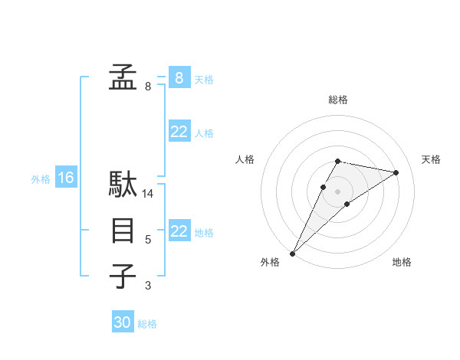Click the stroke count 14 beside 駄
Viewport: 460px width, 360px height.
click(148, 195)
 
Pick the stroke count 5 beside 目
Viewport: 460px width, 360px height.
click(148, 241)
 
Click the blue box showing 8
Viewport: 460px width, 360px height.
click(179, 77)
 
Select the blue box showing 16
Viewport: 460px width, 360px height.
click(65, 178)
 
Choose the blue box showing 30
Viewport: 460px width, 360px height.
click(123, 322)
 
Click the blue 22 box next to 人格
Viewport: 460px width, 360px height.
click(179, 132)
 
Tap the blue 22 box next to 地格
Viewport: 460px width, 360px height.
click(179, 231)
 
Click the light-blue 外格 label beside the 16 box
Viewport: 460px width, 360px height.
click(41, 179)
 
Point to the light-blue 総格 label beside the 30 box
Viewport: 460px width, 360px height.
click(147, 324)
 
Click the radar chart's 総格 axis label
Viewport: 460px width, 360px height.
click(338, 100)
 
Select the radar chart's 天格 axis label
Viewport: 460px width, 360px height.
click(432, 159)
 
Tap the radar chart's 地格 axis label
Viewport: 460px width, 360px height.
click(402, 263)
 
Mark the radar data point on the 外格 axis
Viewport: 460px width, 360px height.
click(292, 253)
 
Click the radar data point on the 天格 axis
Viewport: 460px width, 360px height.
click(396, 172)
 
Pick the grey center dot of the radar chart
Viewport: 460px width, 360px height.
click(338, 191)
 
